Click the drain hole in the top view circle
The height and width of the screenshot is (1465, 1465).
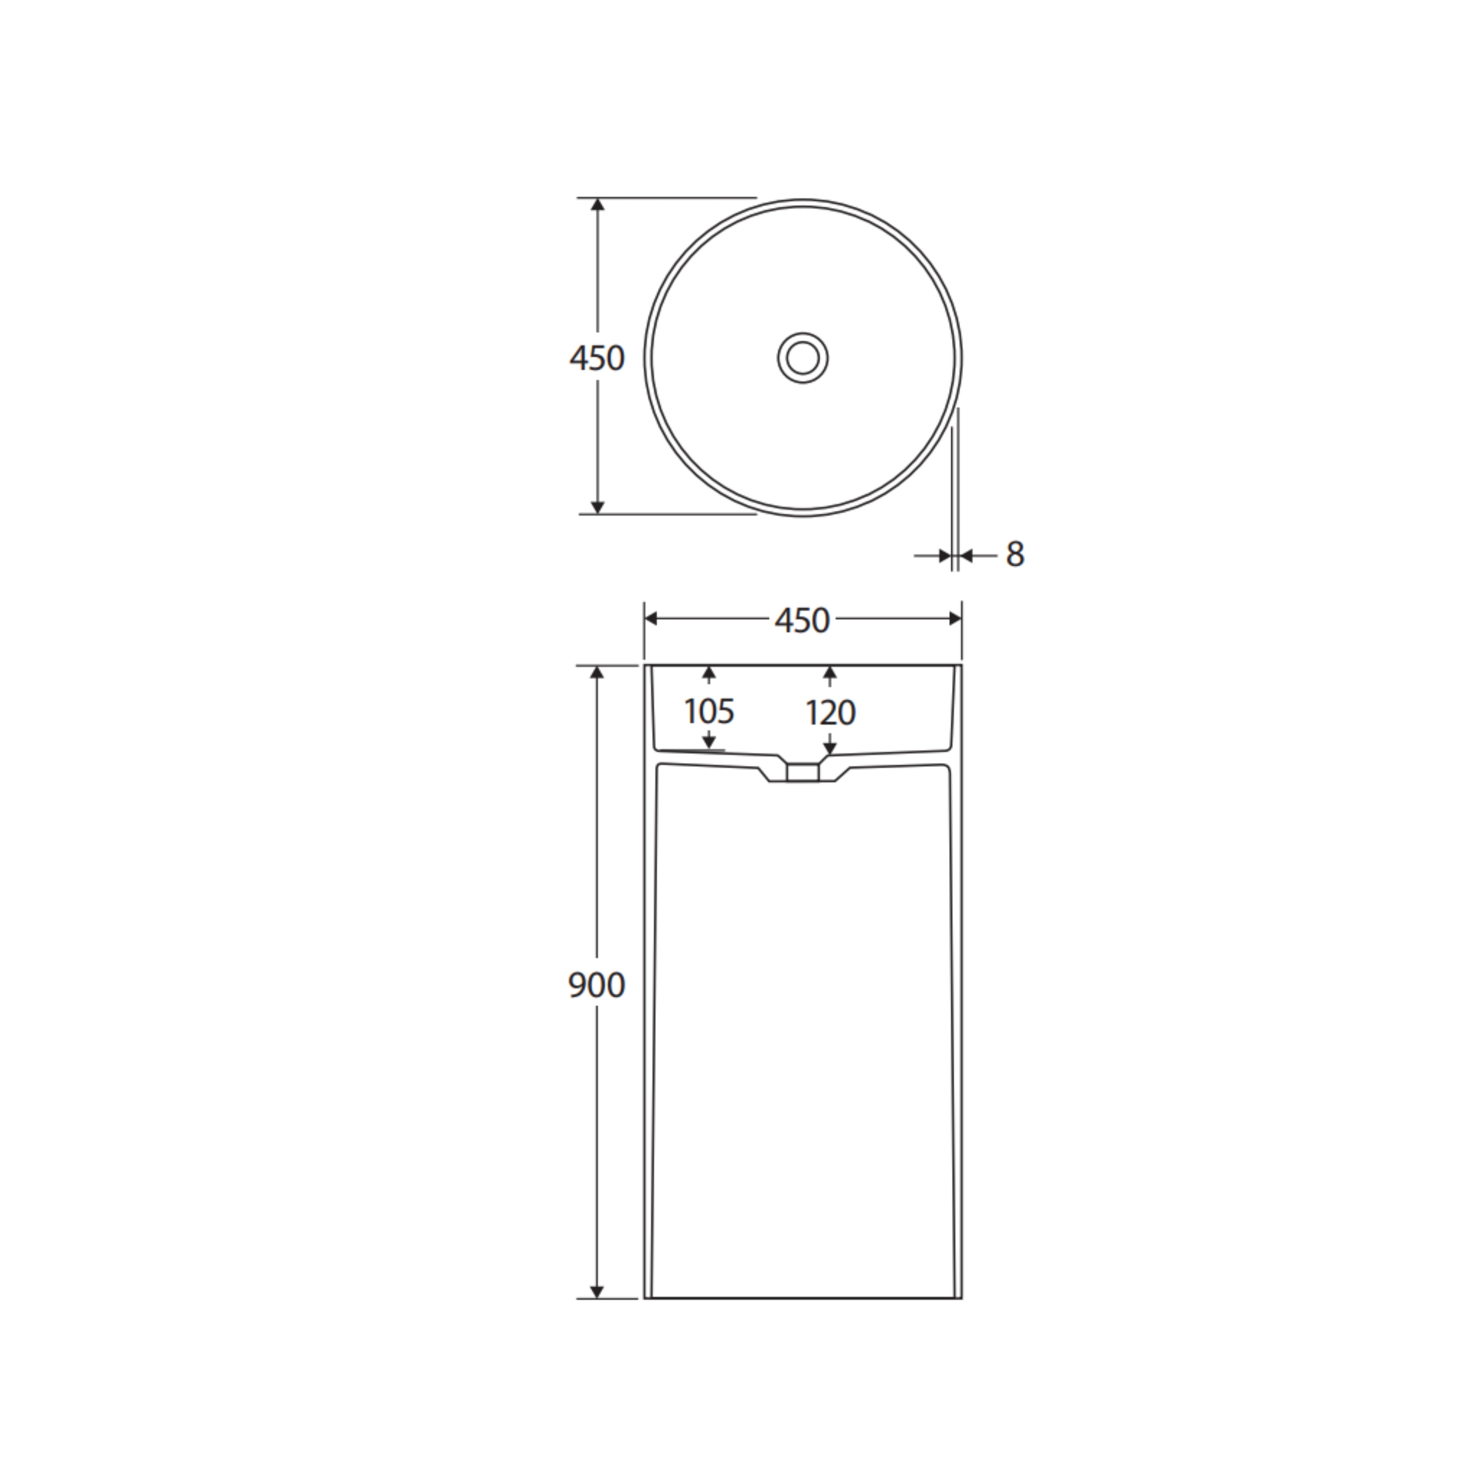[x=802, y=357]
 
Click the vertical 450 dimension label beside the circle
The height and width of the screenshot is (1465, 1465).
[x=597, y=358]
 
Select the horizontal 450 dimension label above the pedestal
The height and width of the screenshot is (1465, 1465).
[x=802, y=621]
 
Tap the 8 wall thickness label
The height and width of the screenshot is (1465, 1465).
[x=1015, y=554]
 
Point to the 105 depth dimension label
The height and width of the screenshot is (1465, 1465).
[x=709, y=711]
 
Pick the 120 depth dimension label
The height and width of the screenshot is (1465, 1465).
[x=830, y=713]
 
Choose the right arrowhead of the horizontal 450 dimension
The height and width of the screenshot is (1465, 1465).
[x=955, y=619]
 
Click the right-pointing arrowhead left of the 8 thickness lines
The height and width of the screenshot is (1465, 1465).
[x=945, y=556]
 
